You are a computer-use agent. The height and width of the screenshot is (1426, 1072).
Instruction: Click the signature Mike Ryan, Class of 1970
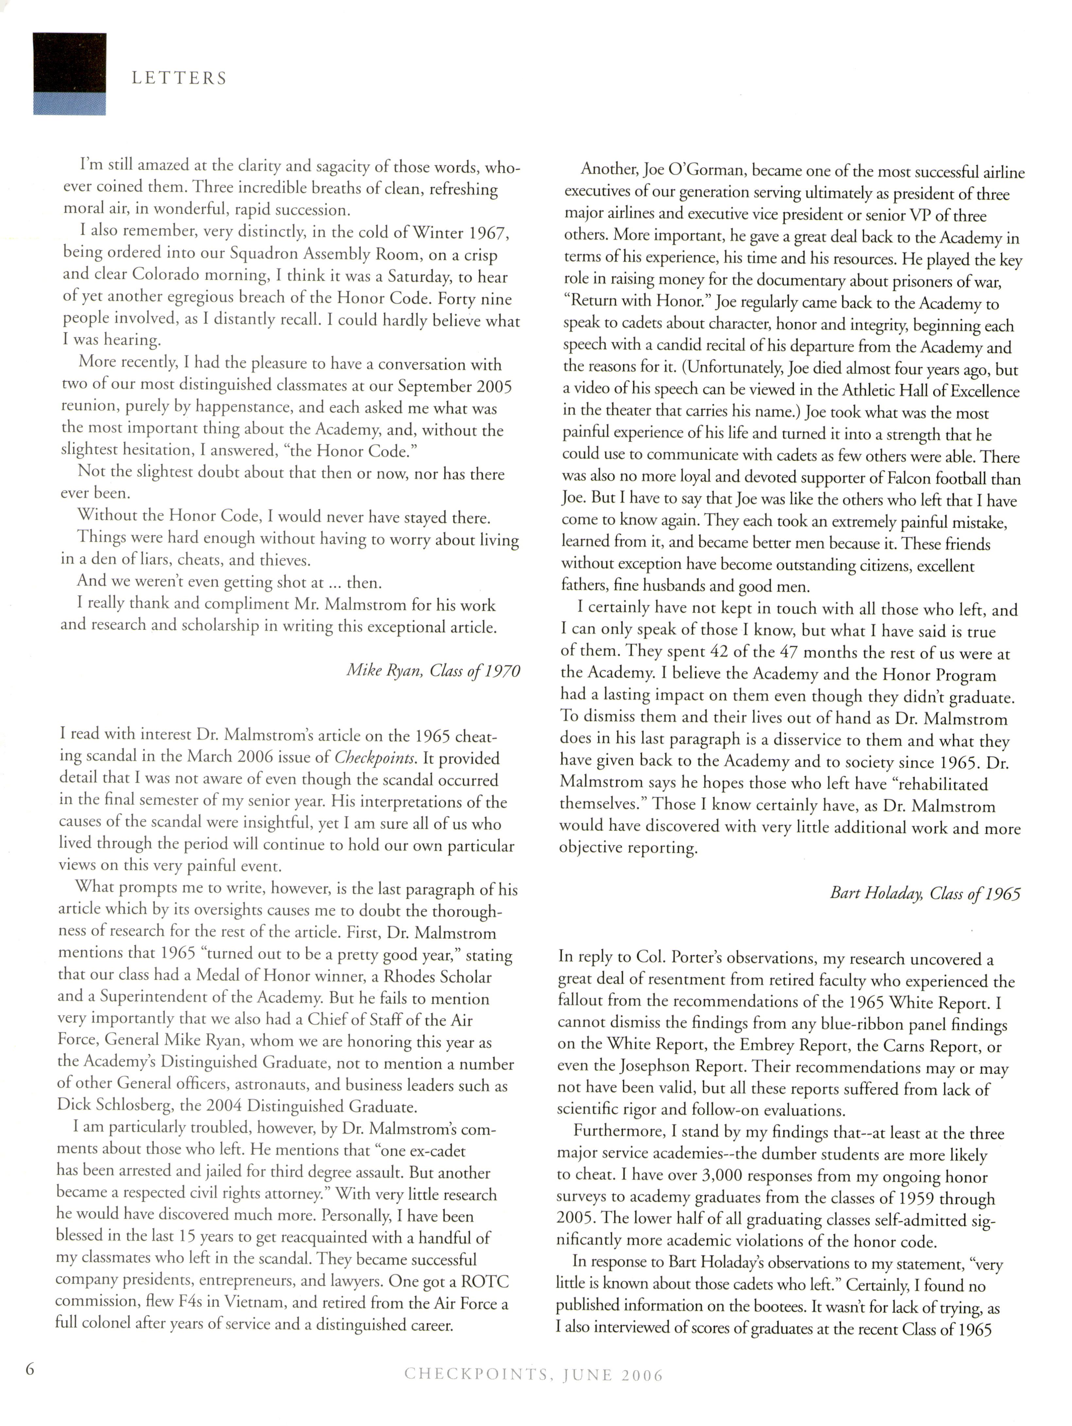(x=433, y=671)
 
